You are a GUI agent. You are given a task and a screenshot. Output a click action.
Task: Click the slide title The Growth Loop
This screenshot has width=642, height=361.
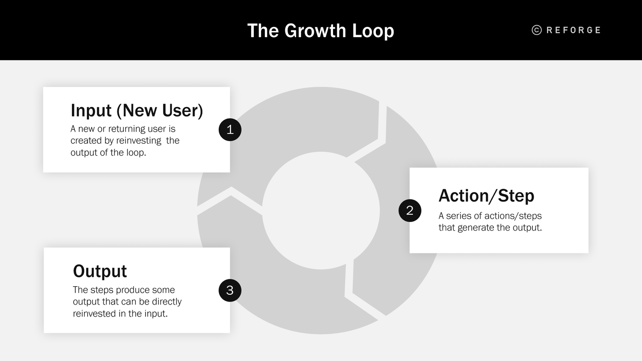[x=321, y=31]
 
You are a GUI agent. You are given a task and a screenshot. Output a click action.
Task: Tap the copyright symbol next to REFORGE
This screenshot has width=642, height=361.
[x=537, y=30]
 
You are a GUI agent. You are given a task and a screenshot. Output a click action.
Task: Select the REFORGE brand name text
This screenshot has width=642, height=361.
[x=574, y=30]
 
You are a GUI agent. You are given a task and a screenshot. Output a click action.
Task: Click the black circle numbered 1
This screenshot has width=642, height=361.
[x=230, y=130]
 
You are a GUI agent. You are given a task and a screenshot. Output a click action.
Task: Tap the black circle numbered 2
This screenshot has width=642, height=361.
[x=410, y=210]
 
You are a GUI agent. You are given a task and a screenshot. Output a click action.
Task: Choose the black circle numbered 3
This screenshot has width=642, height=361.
[x=230, y=290]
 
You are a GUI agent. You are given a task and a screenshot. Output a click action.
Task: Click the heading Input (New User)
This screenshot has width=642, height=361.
[x=137, y=110]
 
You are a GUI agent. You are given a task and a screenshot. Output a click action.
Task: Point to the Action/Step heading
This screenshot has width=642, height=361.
[x=486, y=195]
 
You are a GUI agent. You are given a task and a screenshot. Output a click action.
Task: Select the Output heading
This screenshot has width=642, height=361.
[x=100, y=271]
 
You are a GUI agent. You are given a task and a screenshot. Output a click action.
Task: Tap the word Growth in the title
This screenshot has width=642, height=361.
[x=315, y=31]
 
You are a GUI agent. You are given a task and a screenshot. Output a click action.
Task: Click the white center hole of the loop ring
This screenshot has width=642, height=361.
[x=321, y=210]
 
